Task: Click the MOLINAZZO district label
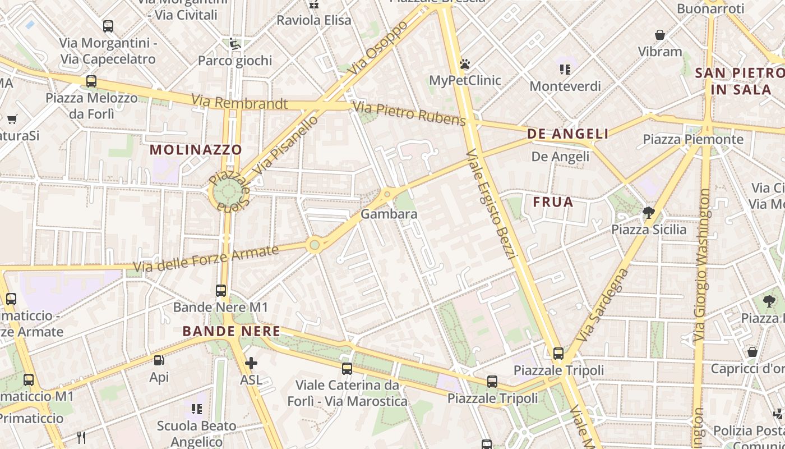tap(196, 150)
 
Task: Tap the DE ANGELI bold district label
tap(567, 134)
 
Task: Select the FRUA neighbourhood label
tap(553, 202)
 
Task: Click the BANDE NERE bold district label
tap(231, 331)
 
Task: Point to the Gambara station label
tap(389, 214)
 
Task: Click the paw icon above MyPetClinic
tap(464, 64)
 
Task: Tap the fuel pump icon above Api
tap(159, 360)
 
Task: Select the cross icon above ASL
tap(251, 363)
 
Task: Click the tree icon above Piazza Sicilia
tap(648, 212)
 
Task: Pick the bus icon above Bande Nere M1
tap(221, 291)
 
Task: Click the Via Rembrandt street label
tap(239, 102)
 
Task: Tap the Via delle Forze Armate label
tap(206, 259)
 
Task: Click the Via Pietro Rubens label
tap(409, 114)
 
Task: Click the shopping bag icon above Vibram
tap(660, 35)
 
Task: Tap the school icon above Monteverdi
tap(565, 70)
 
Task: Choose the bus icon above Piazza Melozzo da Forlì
tap(91, 81)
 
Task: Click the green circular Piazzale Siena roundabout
tap(228, 192)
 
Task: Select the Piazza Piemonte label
tap(692, 139)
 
